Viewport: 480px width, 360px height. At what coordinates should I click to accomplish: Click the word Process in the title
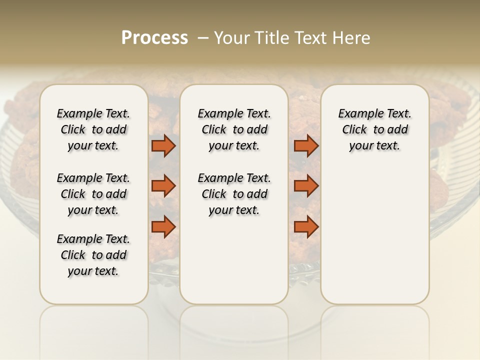154,38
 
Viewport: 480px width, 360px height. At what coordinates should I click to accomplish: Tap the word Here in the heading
352,38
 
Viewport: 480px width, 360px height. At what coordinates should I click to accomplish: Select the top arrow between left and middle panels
163,146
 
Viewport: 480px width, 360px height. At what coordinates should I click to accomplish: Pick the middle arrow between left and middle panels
163,186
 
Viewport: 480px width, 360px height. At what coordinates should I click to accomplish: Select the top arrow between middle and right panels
306,146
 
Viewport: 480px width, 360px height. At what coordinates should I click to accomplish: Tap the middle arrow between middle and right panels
306,186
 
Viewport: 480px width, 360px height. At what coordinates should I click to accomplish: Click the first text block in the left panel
93,129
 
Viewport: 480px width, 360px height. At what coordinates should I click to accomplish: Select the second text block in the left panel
93,194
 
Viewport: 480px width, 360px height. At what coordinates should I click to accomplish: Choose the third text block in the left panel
93,255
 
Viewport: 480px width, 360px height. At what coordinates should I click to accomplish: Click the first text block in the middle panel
234,129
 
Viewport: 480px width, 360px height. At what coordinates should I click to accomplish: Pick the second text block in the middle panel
234,194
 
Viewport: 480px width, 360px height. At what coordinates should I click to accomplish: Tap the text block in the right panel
374,129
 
